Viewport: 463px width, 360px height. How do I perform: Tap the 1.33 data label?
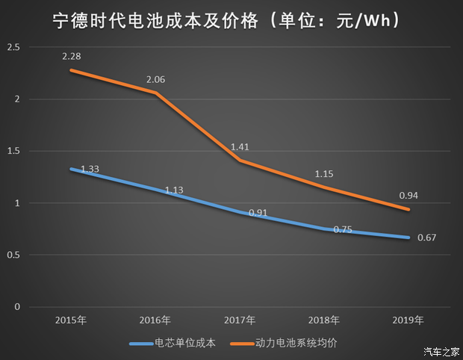90,170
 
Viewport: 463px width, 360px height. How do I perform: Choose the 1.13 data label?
174,190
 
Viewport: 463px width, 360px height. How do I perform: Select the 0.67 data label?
426,238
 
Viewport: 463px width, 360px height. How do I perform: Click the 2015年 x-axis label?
71,320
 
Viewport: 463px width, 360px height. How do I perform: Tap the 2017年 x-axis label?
240,320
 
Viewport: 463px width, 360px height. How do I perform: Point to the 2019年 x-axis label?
408,320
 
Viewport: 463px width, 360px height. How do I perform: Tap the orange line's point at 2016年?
155,93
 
